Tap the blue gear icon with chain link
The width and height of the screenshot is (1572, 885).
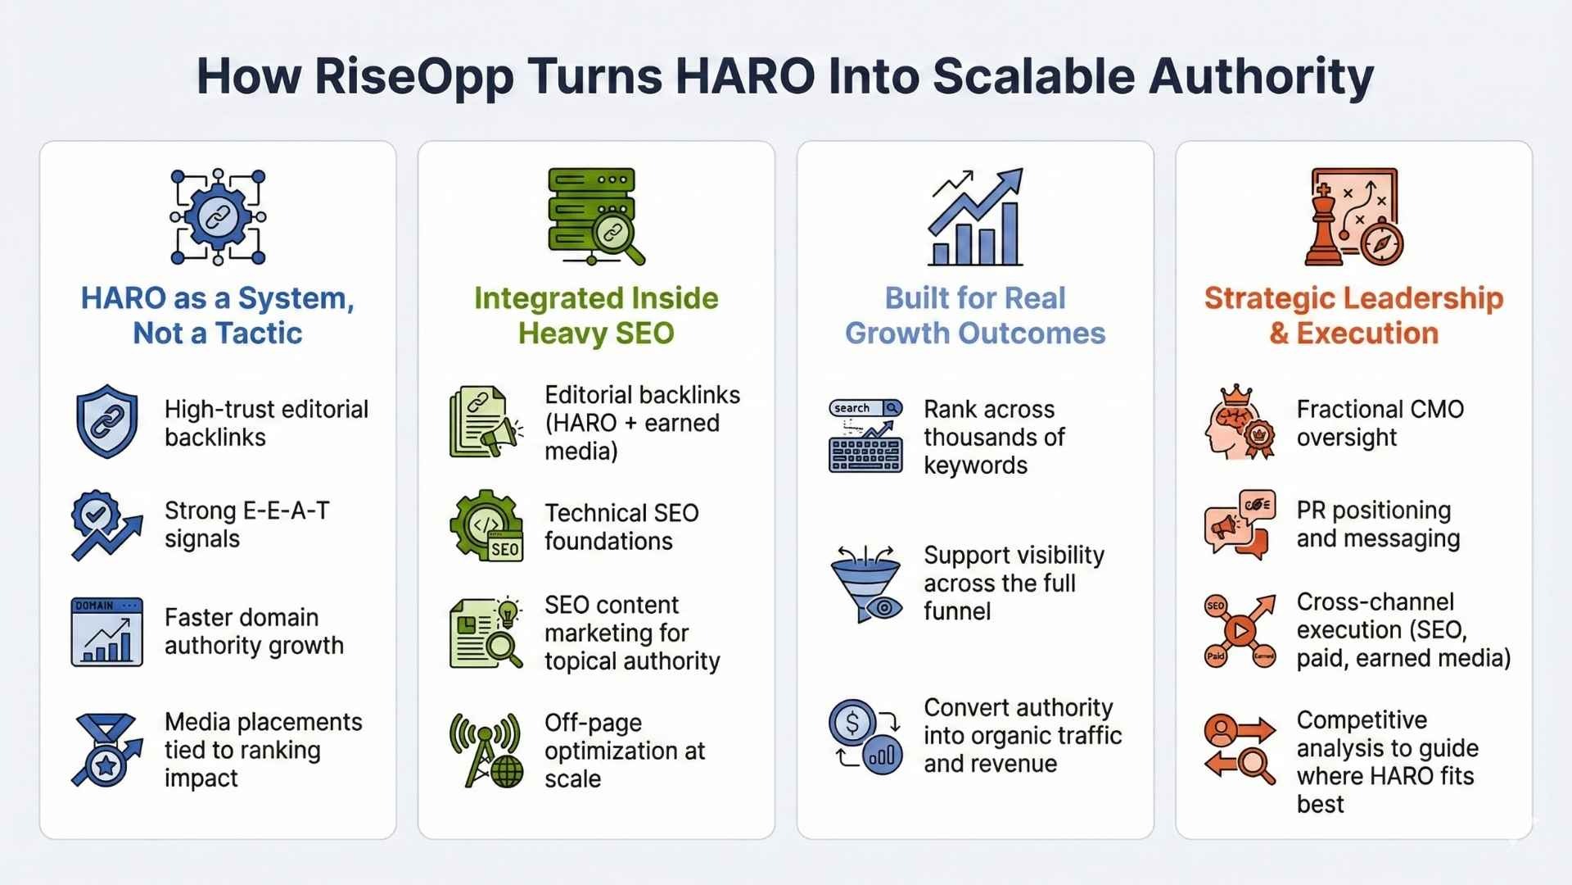point(218,217)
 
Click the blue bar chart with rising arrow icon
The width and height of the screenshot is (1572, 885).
point(975,217)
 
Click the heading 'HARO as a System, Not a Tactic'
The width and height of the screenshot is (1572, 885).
point(218,315)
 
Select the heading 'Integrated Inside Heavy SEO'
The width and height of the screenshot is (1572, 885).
point(596,315)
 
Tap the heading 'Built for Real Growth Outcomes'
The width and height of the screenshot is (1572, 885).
point(975,315)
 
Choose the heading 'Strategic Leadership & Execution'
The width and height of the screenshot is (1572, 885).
point(1353,315)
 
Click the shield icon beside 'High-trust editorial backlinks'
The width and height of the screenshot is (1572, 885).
point(106,421)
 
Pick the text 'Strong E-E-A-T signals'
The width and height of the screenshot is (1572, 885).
point(247,524)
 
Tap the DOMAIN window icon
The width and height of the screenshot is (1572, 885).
point(106,632)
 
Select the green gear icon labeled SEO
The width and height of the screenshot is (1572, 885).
point(486,526)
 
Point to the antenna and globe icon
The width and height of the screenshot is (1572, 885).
point(486,750)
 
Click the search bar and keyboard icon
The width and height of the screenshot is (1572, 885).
point(865,436)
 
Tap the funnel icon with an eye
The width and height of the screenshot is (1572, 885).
point(867,584)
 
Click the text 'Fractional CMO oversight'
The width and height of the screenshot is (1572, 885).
point(1380,423)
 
